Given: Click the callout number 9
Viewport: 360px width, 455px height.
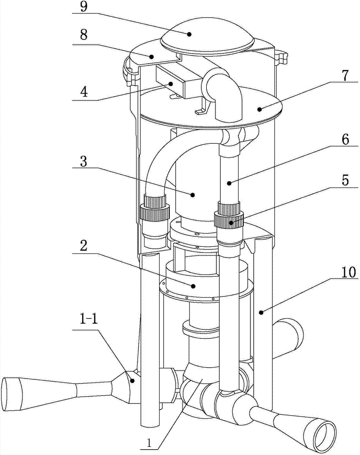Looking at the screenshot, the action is (x=84, y=7).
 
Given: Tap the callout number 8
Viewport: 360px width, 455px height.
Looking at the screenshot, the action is (x=84, y=35).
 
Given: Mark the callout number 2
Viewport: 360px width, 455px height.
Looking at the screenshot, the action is (x=84, y=246).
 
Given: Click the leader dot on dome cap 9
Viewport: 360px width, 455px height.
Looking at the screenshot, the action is (x=189, y=34).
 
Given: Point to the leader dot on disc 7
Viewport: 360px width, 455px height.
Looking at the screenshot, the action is (x=260, y=109).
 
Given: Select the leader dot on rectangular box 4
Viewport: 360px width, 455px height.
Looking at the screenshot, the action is (x=172, y=84).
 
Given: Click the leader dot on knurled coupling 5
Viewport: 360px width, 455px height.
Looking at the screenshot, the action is (x=231, y=223).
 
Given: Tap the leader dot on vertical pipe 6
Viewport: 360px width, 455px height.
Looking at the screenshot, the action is (x=229, y=183).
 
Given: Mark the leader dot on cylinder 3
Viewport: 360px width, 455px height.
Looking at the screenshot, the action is (x=192, y=195).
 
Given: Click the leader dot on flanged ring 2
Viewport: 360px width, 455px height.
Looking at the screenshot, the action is (x=193, y=286).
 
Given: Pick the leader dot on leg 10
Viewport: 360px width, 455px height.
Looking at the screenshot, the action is (x=261, y=312).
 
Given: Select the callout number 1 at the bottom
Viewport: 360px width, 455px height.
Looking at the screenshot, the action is (x=149, y=443).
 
